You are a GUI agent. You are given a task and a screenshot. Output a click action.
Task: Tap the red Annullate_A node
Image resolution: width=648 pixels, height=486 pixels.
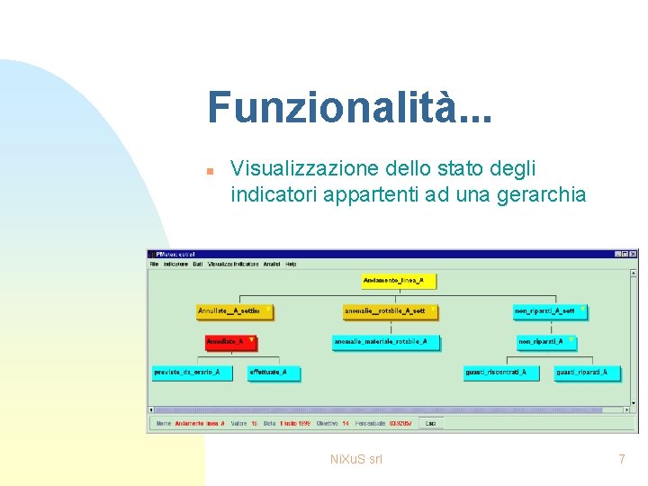coord(229,342)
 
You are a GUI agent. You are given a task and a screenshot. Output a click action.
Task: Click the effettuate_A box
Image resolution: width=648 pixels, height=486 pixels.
coord(273,372)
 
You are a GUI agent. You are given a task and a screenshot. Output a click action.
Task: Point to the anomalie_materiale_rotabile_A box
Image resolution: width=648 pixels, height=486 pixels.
coord(386,342)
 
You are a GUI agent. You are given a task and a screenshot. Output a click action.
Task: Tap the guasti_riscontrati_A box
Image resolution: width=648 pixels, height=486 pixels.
coord(500,372)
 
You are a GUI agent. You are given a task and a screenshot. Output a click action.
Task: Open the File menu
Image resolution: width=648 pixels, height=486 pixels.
coord(154,264)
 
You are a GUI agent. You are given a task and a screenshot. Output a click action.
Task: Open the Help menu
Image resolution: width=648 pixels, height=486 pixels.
coord(290,264)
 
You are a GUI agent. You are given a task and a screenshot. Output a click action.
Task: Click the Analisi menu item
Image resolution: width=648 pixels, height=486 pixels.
coord(272,264)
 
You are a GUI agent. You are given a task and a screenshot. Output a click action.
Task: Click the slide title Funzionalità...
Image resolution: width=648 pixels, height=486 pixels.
coord(349,107)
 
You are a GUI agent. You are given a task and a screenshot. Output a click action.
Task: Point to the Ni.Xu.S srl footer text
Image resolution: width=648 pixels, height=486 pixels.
coord(356,459)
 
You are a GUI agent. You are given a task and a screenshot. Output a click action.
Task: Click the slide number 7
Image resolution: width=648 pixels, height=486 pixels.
coord(621,459)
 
